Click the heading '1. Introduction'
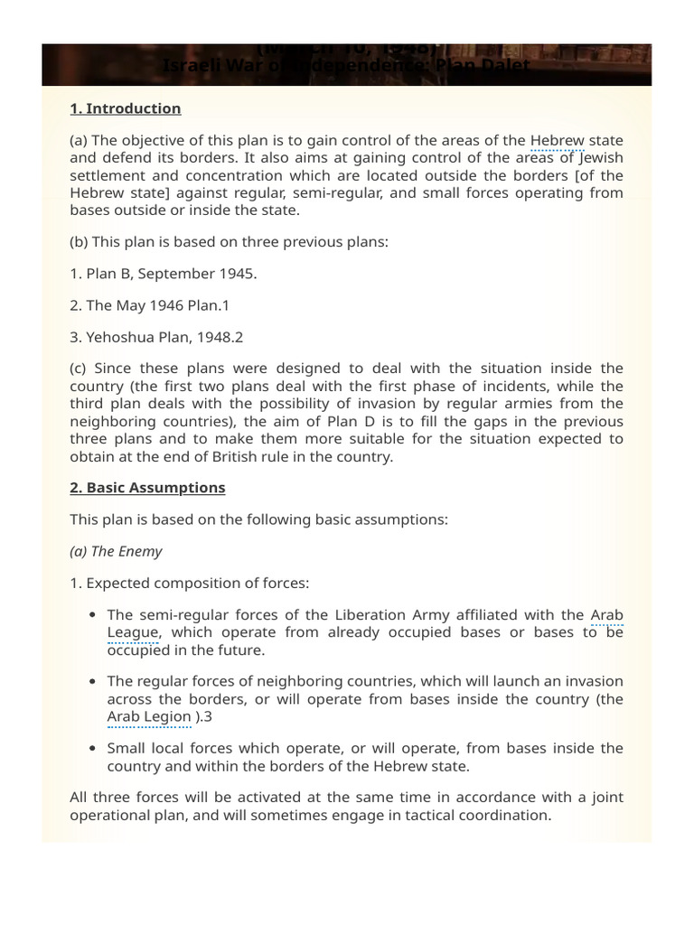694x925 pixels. coord(126,108)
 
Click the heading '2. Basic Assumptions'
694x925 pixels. coord(147,488)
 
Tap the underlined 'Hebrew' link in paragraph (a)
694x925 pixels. coord(557,140)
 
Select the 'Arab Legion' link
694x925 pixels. coord(149,717)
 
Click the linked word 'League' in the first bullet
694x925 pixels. coord(133,632)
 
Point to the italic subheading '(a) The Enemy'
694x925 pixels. coord(117,551)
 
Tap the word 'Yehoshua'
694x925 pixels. coord(124,337)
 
